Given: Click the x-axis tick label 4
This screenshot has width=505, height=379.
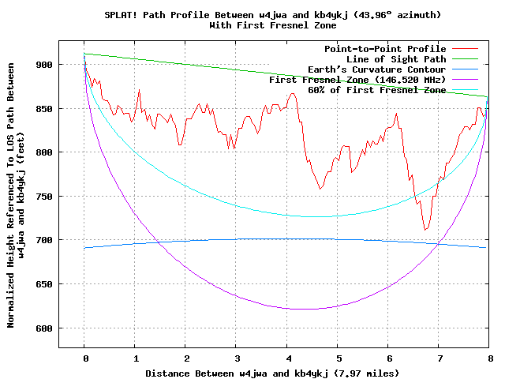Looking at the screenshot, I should (x=287, y=357).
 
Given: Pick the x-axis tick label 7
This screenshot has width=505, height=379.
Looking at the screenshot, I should (x=440, y=357).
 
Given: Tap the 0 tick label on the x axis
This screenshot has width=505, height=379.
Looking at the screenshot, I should (x=84, y=357).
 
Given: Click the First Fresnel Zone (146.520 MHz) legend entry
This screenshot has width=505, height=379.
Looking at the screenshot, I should (x=357, y=80).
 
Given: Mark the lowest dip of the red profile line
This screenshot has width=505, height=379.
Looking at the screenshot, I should (x=425, y=230).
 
